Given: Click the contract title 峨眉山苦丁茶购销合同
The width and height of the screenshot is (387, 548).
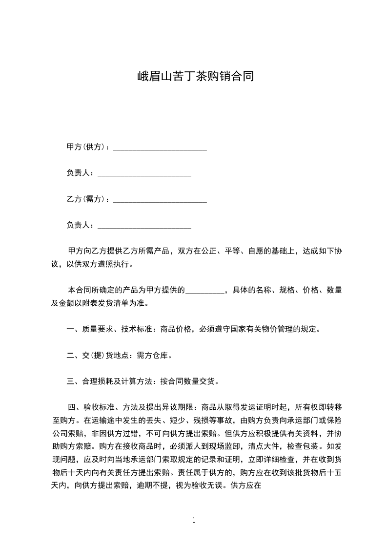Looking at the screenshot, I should coord(194,77).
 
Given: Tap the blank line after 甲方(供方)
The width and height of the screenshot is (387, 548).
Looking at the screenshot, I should coord(160,148).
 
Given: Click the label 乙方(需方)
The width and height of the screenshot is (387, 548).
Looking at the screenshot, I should coord(87,199).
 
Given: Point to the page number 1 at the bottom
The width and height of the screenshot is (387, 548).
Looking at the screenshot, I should coord(194,520).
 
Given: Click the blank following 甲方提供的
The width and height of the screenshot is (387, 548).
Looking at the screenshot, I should coord(204,290).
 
